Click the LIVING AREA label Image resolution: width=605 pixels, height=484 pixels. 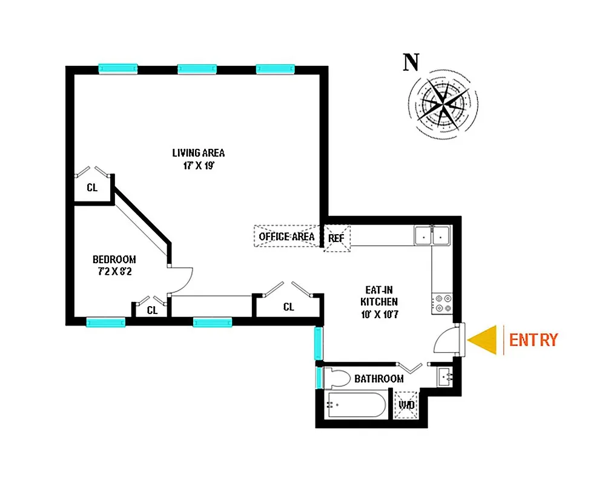click(198, 152)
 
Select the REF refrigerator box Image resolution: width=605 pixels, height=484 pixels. click(336, 238)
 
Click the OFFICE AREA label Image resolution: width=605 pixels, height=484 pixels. click(286, 236)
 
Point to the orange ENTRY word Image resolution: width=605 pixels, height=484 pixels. click(533, 340)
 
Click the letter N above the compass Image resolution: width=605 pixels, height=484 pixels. click(412, 62)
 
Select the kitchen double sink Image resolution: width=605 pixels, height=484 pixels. click(432, 235)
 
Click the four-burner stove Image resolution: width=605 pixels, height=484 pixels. click(441, 302)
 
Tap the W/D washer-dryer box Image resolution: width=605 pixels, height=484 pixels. click(406, 405)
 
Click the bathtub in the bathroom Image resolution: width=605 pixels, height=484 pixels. click(356, 405)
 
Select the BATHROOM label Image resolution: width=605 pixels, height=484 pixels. click(379, 379)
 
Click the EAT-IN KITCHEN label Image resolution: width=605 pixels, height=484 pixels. click(379, 301)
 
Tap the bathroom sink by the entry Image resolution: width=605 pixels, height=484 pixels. click(444, 376)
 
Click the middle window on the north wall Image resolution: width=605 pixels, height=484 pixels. click(197, 69)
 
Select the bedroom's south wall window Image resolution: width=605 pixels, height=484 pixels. click(105, 322)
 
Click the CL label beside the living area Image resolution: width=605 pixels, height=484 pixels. click(92, 188)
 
